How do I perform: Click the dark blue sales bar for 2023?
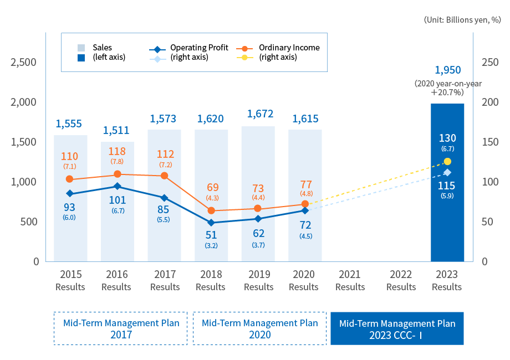tap(447, 183)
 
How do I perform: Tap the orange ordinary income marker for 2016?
tap(118, 174)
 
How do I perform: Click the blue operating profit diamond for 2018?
tap(211, 223)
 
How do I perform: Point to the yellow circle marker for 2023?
tap(447, 162)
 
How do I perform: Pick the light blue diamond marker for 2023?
tap(447, 173)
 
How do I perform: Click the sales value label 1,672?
tap(258, 114)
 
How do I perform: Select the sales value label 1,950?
tap(447, 70)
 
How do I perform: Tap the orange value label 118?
tap(118, 151)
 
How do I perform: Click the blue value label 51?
tap(211, 235)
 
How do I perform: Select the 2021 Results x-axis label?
tap(350, 280)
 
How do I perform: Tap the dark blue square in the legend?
tap(81, 57)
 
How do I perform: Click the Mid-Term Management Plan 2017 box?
tap(121, 328)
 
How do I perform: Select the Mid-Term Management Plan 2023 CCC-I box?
tap(397, 328)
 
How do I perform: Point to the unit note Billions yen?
tap(462, 19)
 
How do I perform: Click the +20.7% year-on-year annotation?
tap(448, 88)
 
